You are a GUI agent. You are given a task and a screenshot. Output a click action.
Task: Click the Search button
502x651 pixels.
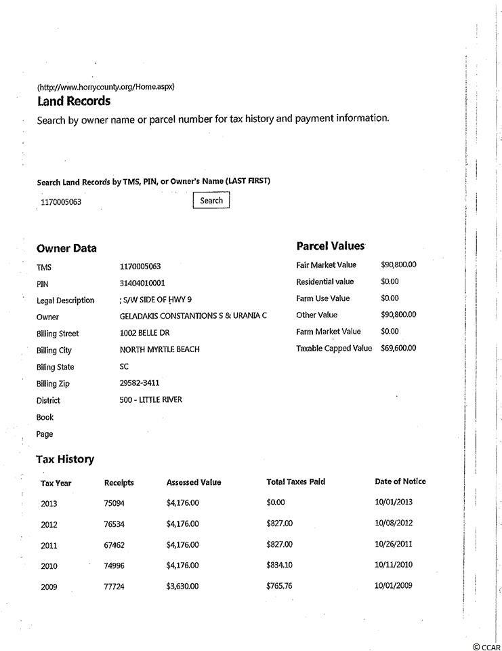211,200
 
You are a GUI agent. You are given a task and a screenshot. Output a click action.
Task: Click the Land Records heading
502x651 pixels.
73,101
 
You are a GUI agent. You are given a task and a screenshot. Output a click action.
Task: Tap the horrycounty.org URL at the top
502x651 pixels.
106,87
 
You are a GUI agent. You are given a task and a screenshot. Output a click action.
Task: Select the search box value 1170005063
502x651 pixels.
62,202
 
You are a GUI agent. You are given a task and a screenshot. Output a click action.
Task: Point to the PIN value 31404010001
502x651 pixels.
142,283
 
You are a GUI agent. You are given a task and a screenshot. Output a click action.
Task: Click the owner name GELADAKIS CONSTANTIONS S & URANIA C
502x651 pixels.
193,316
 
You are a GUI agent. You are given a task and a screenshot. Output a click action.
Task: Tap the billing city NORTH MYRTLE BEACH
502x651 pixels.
159,349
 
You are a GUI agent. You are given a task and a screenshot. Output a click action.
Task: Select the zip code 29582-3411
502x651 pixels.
140,383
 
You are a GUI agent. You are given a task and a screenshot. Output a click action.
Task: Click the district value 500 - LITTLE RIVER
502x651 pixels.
150,399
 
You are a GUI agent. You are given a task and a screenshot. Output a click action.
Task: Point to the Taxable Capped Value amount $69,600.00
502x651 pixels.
399,348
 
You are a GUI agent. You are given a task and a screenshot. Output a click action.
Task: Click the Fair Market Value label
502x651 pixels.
326,264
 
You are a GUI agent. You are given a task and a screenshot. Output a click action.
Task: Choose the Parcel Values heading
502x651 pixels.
331,245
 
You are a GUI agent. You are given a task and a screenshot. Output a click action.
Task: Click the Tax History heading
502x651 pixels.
65,459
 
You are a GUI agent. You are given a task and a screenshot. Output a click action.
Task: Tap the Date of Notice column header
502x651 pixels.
400,481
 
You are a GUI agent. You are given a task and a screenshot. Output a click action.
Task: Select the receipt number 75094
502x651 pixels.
114,503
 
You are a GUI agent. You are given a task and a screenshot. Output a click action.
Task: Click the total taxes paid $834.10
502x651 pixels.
280,565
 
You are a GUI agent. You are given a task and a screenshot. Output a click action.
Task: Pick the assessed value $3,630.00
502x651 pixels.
182,586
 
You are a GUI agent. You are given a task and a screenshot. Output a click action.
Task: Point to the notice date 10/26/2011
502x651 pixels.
394,544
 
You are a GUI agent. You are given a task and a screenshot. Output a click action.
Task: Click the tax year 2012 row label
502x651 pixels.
49,524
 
